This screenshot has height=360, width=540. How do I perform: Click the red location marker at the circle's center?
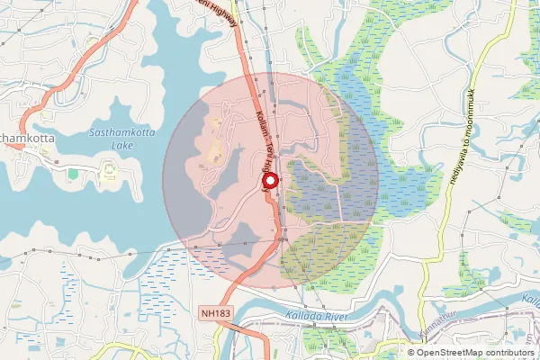pos(268,179)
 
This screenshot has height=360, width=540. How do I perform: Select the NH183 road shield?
pos(209,313)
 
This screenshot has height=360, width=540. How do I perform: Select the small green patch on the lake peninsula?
pos(73,172)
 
